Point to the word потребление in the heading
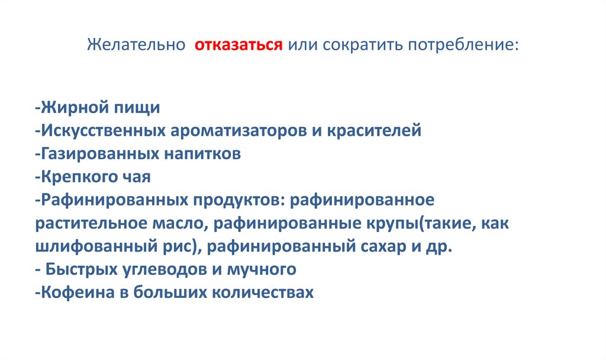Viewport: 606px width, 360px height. [461, 46]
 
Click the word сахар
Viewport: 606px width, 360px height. [385, 246]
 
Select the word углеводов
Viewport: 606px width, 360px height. [166, 269]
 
